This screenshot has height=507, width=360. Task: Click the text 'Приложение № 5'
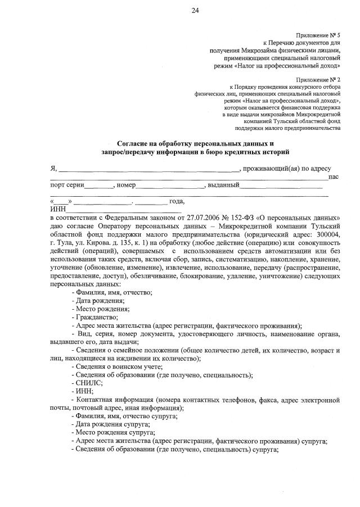[x=318, y=35]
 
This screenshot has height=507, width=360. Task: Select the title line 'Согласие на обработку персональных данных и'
[x=195, y=143]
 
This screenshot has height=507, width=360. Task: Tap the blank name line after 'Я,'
[x=150, y=169]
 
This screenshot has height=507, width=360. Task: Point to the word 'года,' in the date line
[x=177, y=201]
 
